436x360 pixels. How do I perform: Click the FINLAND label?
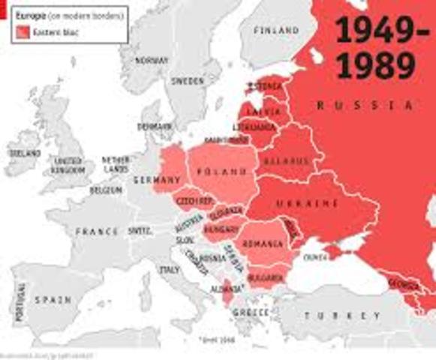click(x=275, y=31)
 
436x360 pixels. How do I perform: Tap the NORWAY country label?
click(x=151, y=61)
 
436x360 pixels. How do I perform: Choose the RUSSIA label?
click(x=366, y=106)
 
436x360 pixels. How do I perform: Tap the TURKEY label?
click(x=336, y=316)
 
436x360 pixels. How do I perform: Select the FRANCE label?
click(x=97, y=232)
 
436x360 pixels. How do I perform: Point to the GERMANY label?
click(x=157, y=180)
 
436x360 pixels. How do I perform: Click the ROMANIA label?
click(x=263, y=244)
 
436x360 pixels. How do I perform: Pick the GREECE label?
click(x=251, y=311)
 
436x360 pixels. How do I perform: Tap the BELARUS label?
click(x=285, y=161)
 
